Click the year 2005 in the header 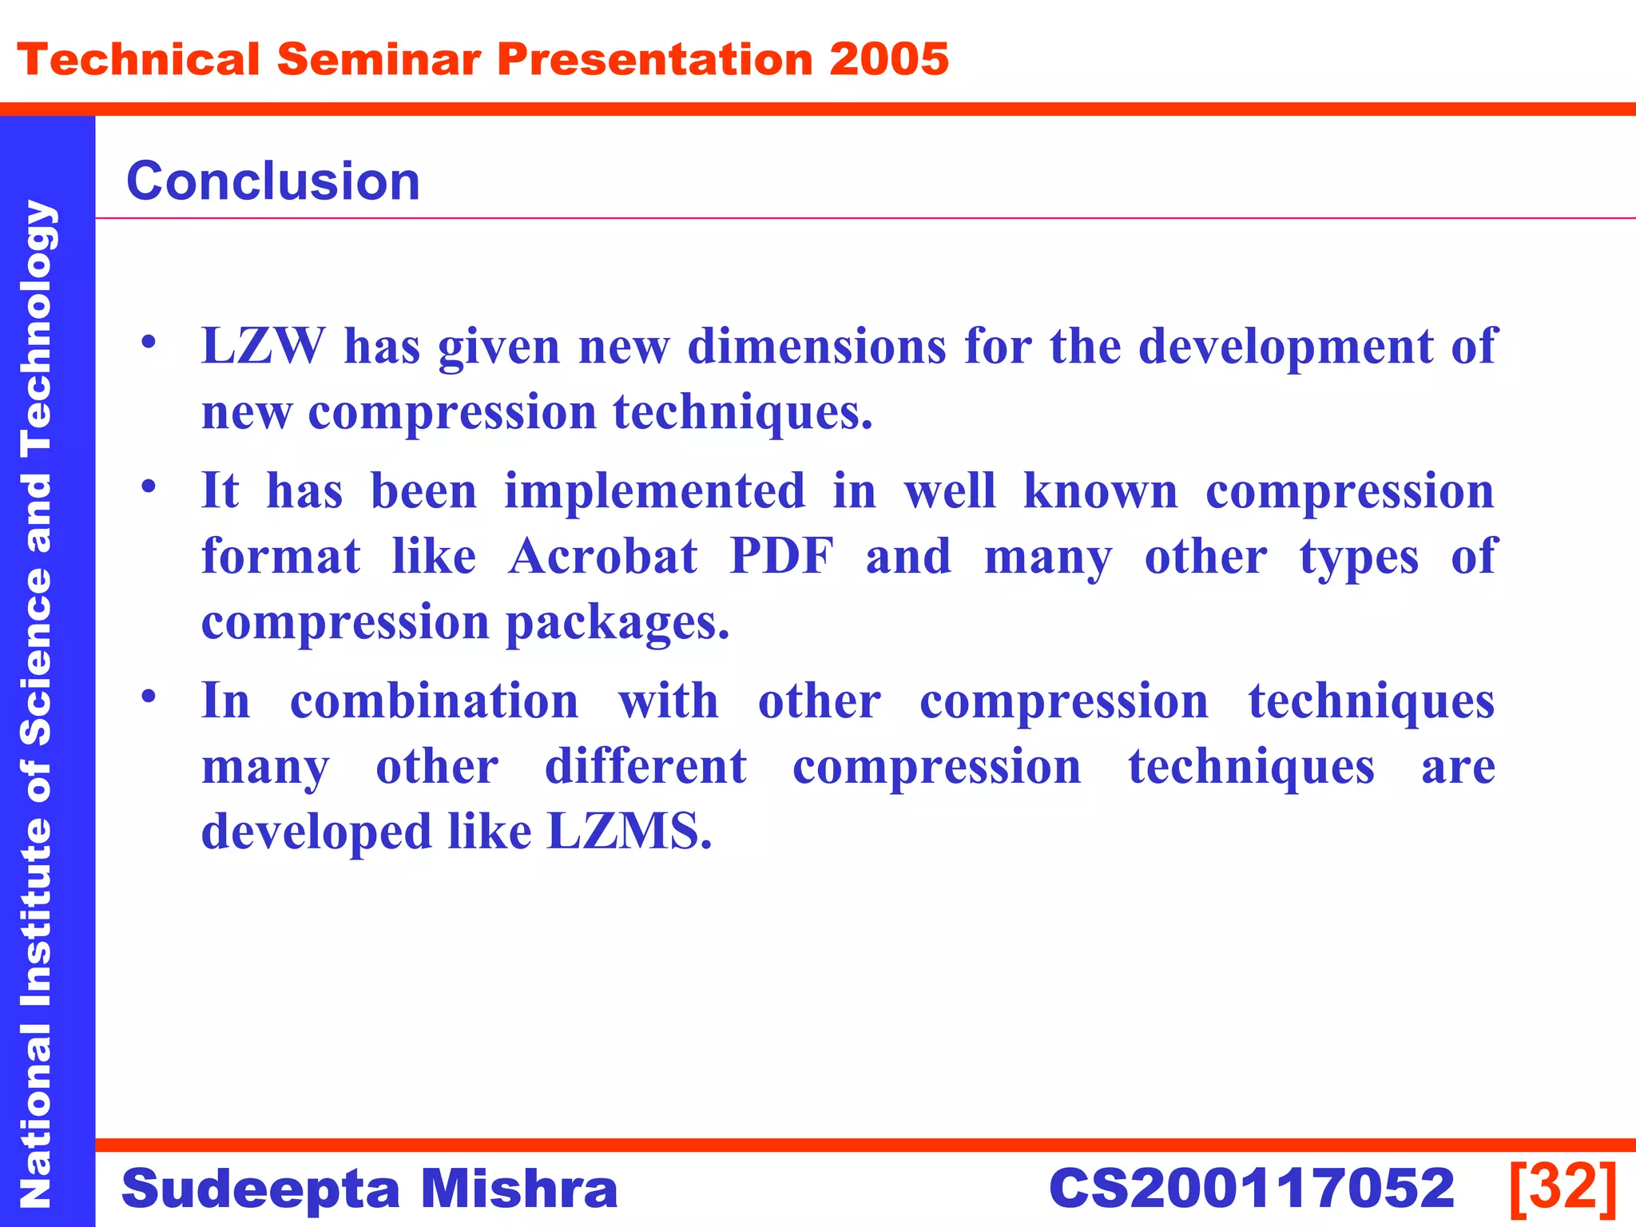[888, 60]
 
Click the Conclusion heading [273, 181]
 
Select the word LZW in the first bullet [263, 347]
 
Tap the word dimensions [816, 347]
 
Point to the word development [1285, 347]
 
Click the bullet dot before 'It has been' [149, 486]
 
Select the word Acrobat [603, 556]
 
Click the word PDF [781, 556]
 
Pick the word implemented [654, 490]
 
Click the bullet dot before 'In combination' [149, 697]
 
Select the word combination [434, 701]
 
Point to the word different [645, 767]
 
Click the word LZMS [628, 832]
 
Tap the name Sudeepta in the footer [260, 1189]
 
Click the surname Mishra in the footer [519, 1189]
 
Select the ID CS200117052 [1251, 1189]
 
